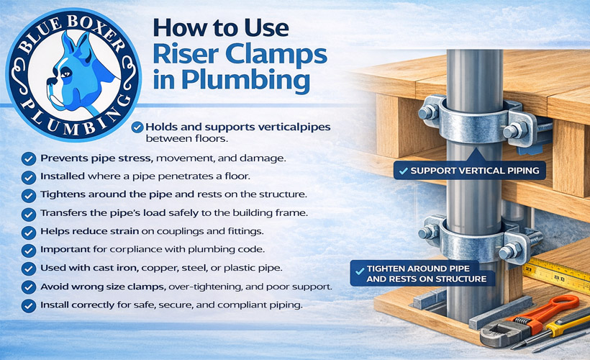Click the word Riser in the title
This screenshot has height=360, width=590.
pyautogui.click(x=185, y=54)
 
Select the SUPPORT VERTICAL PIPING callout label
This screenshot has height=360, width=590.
pyautogui.click(x=470, y=171)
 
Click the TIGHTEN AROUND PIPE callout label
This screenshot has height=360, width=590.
pyautogui.click(x=423, y=274)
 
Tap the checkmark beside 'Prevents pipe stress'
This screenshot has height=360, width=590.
pyautogui.click(x=29, y=159)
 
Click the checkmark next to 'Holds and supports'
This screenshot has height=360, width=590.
pyautogui.click(x=137, y=127)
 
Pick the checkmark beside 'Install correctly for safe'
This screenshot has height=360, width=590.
pyautogui.click(x=29, y=305)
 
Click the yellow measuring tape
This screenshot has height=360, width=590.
pyautogui.click(x=557, y=274)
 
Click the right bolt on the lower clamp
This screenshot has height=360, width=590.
pyautogui.click(x=510, y=251)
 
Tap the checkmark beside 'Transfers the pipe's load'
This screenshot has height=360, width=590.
pyautogui.click(x=29, y=215)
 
